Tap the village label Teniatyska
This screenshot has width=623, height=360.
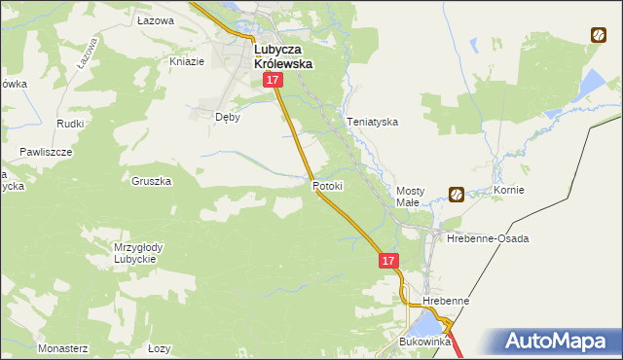pos(373,123)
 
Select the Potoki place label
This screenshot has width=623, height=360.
pos(328,185)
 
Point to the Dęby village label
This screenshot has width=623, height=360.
pos(227,117)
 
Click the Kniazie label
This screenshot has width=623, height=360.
pos(187,61)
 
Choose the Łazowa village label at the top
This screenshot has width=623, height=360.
pos(155,20)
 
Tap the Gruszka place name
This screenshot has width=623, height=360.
pos(151,181)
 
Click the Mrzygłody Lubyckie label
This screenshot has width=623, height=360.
pos(138,253)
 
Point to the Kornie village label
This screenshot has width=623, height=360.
pos(509,190)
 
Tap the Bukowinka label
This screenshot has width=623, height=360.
pos(425,342)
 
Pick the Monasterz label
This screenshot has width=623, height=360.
pos(62,347)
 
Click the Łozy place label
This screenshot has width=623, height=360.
pos(159,347)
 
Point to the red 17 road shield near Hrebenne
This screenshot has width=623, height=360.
pos(388,261)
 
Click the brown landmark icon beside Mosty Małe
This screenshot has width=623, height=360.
pos(456,194)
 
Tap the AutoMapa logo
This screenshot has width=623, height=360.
pos(563,342)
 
